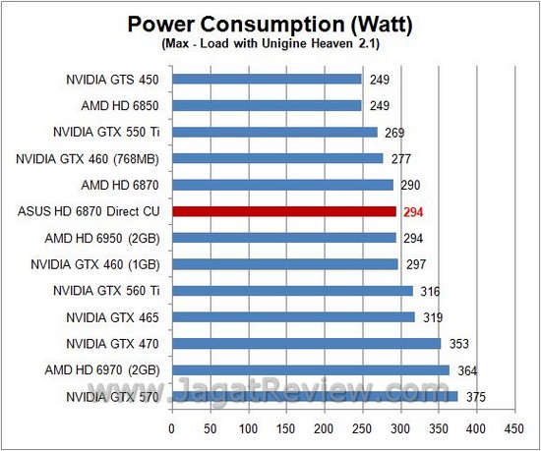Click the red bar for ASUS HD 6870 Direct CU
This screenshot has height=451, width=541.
[283, 210]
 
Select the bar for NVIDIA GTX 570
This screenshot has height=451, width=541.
[315, 396]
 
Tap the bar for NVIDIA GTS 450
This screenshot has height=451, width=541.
[267, 79]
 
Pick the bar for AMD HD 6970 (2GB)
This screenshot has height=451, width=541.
[311, 369]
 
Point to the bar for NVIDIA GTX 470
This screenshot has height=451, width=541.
[306, 343]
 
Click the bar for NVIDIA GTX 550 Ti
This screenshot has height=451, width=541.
[274, 132]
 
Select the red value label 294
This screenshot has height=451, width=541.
[413, 211]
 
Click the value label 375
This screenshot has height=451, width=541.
[475, 397]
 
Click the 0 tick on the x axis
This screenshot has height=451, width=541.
[172, 428]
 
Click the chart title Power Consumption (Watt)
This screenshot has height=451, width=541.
[271, 23]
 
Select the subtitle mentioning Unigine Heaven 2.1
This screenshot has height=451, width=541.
[271, 44]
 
